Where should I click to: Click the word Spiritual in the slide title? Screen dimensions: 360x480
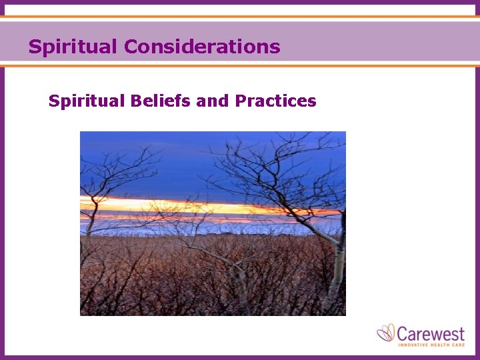73,47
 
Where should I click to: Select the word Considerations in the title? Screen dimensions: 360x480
201,47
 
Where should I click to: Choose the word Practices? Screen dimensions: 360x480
275,101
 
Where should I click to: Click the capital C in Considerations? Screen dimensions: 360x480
131,47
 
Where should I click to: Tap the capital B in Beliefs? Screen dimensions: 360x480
136,101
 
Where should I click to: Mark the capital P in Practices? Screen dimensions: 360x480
240,101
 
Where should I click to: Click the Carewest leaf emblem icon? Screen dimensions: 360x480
387,333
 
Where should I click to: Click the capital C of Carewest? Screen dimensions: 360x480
404,332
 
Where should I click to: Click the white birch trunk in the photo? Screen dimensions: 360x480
339,267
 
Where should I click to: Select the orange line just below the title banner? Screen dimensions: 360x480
240,65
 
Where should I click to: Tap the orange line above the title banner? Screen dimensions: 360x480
240,17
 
